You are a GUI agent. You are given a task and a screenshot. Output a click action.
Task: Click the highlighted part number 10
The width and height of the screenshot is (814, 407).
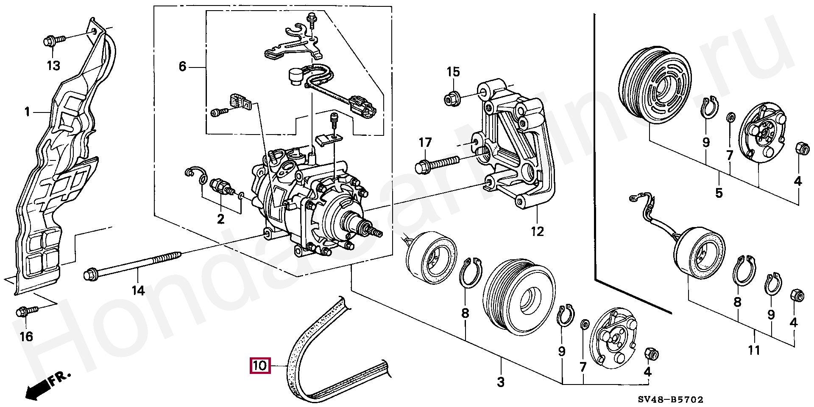click(x=259, y=365)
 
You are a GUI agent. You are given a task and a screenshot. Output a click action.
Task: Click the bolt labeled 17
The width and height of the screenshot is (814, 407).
click(x=437, y=164)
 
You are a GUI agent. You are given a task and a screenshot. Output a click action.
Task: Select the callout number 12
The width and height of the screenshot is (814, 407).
click(x=537, y=232)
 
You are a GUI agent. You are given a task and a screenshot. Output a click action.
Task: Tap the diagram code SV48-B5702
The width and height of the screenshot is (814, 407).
click(x=671, y=399)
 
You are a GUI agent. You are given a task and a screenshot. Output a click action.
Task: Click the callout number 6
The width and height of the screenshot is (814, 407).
click(x=182, y=67)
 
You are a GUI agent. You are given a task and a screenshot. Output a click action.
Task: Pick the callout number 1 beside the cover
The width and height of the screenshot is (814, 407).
click(x=28, y=112)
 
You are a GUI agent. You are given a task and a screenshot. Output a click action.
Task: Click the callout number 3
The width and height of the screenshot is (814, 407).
click(x=501, y=382)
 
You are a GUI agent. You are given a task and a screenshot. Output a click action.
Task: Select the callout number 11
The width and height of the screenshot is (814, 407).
click(x=754, y=351)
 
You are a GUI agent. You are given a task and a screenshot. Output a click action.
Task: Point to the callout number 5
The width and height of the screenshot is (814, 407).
click(x=719, y=193)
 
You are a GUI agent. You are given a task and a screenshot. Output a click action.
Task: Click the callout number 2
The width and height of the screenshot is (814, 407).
click(x=220, y=219)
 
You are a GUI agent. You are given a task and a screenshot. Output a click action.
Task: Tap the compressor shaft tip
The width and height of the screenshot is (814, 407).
click(x=377, y=232)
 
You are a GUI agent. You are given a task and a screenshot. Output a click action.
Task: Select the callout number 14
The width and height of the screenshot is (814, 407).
click(x=138, y=291)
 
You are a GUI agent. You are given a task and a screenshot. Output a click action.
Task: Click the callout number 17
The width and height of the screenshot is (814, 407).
click(x=425, y=143)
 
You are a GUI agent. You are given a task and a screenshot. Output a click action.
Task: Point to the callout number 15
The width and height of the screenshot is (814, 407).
click(x=453, y=72)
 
